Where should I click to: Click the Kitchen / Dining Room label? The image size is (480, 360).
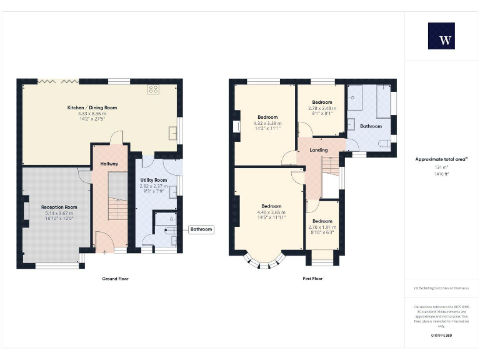point(92,107)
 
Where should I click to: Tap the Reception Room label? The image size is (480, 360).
point(59,207)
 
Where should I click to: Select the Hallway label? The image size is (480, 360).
point(109,164)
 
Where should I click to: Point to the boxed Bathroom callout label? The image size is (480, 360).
point(201,229)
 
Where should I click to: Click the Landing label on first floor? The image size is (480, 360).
point(319,150)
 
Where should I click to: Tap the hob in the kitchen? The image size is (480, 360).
point(152,90)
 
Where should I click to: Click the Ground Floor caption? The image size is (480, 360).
point(115,278)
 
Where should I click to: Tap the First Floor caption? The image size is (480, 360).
point(312,278)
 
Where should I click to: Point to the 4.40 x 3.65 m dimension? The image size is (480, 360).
point(271,212)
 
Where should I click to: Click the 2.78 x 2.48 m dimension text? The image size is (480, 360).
point(322,108)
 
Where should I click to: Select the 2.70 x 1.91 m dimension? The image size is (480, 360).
point(322,227)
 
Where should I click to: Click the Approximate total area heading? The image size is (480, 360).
point(441,159)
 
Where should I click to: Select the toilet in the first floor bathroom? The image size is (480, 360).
point(390,142)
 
